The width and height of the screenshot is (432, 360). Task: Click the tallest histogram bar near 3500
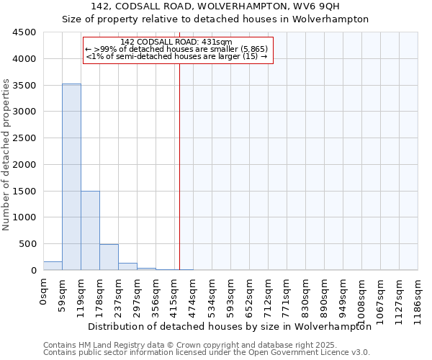point(71,176)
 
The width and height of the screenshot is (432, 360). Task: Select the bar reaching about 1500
point(90,230)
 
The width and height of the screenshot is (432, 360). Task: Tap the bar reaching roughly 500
point(109,257)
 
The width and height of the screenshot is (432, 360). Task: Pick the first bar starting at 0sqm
point(53,266)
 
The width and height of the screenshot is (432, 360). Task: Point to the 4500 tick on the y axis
point(24,32)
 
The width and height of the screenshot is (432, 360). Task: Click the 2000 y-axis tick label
point(24,165)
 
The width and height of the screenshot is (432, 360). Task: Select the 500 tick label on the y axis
point(27,244)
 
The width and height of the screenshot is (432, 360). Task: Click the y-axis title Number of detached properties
point(6,151)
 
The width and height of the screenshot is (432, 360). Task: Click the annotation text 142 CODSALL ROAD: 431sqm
point(176,42)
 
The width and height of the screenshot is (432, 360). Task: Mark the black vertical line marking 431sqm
point(179,166)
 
